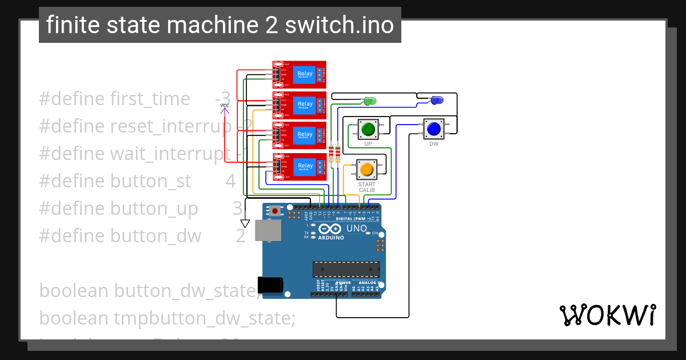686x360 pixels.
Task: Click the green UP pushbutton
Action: pos(368,129)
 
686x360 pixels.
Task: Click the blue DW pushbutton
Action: pos(433,129)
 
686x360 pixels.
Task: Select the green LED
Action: pos(370,101)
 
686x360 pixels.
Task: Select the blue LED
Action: pos(436,101)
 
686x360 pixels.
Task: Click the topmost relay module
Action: pos(299,75)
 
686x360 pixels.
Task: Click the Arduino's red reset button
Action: pos(276,211)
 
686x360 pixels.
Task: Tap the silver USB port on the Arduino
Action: pos(268,230)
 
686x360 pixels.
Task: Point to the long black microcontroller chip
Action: pos(346,269)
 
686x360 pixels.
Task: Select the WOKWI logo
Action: pos(607,315)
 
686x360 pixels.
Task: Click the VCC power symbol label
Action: pos(225,106)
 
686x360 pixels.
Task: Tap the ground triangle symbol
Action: pos(245,223)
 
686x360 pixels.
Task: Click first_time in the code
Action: pos(150,98)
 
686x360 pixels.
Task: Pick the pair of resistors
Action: pos(334,153)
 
